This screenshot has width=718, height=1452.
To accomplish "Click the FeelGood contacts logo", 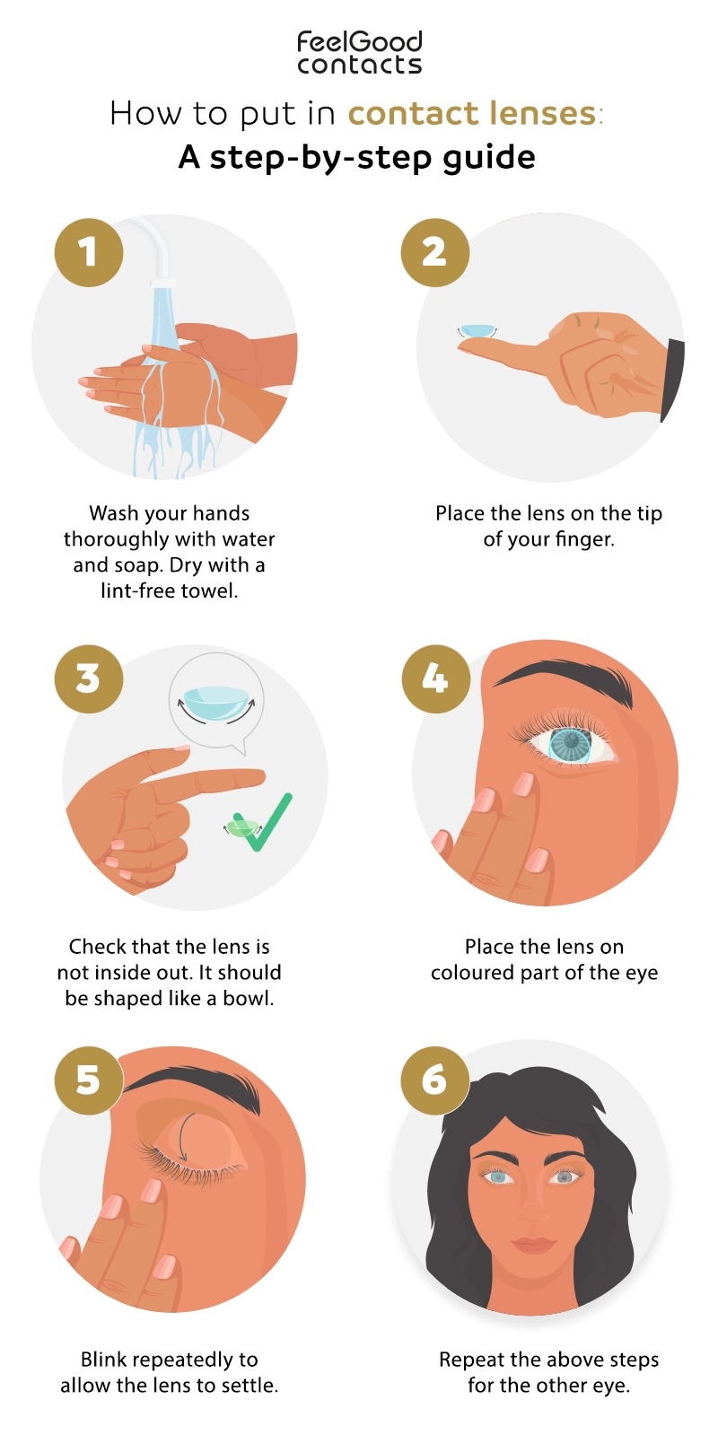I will [x=359, y=53].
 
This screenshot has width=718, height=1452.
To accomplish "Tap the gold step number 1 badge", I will [x=88, y=253].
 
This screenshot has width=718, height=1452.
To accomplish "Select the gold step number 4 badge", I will [x=434, y=679].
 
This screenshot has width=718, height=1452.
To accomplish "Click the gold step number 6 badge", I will [x=433, y=1080].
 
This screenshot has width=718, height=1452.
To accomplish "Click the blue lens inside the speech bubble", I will [x=215, y=702].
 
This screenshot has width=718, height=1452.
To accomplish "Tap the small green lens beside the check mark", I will [x=241, y=827].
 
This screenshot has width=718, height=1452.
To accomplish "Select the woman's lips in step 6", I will [x=533, y=1246].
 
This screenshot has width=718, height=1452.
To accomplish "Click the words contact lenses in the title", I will [x=472, y=114].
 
